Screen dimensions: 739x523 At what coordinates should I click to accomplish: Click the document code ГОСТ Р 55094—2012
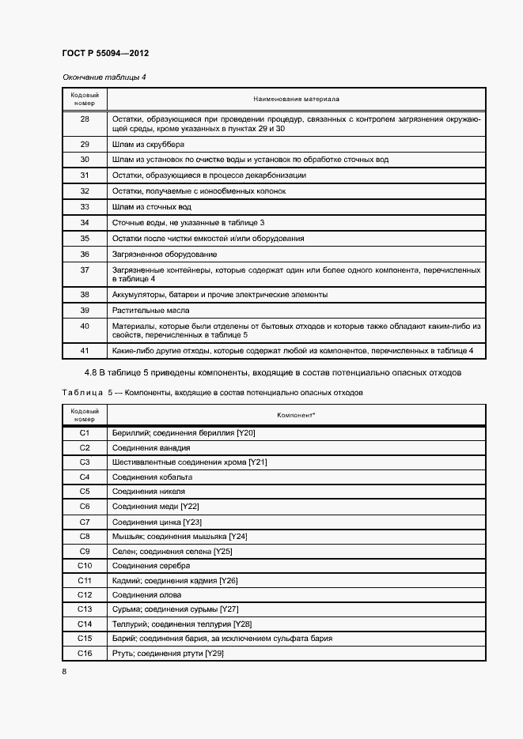coord(104,53)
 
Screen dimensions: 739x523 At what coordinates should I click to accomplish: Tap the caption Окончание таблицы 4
coord(104,77)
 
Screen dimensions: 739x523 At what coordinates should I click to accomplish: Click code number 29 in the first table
coord(85,144)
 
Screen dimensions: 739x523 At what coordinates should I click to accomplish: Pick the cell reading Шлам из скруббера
coord(148,144)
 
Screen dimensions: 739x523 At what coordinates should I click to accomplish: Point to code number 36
coord(85,255)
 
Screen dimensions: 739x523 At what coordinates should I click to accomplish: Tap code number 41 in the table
coord(85,350)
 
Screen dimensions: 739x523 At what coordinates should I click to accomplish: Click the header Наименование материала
coord(296,100)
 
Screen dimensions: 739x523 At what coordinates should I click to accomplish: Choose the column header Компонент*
coord(296,415)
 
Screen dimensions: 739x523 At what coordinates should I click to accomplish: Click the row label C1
coord(85,433)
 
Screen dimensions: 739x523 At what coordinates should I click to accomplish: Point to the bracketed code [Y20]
coord(245,433)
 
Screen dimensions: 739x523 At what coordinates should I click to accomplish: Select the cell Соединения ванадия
coord(151,447)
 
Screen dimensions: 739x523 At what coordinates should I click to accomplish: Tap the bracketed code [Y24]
coord(237,536)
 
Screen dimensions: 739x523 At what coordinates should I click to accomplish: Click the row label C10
coord(85,565)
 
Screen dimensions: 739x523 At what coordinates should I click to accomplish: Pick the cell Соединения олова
coord(147,594)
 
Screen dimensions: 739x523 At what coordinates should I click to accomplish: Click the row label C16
coord(85,653)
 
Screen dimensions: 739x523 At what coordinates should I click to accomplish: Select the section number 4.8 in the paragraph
coord(92,372)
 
